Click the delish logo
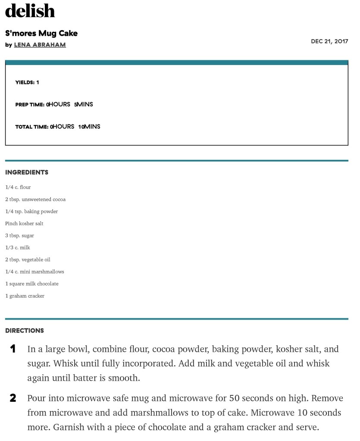pos(30,11)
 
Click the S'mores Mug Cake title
pos(41,33)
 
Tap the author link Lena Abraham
pos(40,45)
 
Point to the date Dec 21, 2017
pos(329,41)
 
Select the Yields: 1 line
pos(27,82)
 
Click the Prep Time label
pos(30,105)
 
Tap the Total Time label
pos(31,127)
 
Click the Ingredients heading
pos(27,172)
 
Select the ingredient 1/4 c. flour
pos(18,187)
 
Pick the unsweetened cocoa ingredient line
pos(35,199)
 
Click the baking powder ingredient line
pos(31,211)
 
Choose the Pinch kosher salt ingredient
pos(24,224)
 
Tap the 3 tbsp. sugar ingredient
pos(19,236)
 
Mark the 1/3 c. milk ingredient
pos(18,248)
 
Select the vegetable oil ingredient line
pos(28,260)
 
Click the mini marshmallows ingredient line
pos(34,272)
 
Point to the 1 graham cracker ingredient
pos(25,296)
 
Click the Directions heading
pos(25,331)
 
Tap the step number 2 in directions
pos(13,398)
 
